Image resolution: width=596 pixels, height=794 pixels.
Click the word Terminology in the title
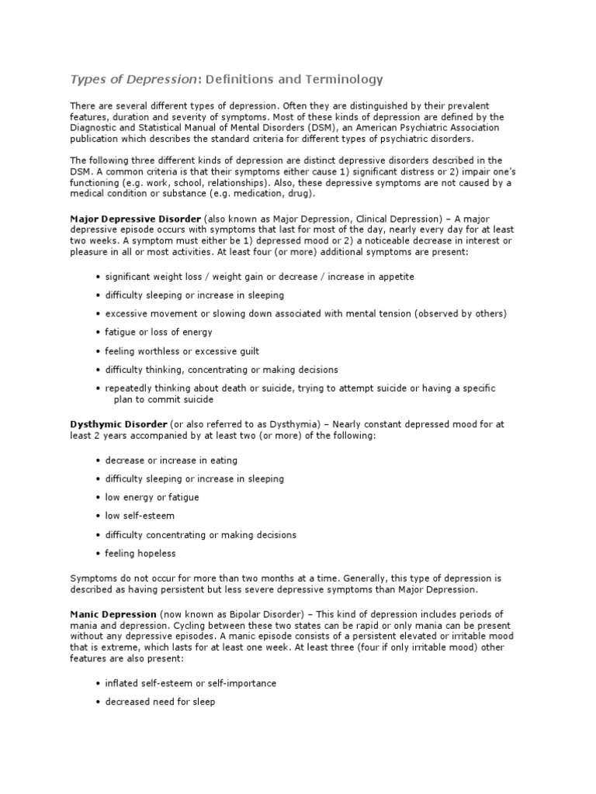pos(342,80)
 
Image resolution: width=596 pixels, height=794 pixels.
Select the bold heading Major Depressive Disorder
pos(136,219)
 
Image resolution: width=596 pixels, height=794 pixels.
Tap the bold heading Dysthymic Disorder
pos(119,425)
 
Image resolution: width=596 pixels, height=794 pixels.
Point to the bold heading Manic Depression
pos(114,614)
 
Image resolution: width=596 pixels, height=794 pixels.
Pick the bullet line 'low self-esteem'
pos(140,516)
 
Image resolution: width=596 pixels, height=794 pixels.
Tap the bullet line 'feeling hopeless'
pos(140,554)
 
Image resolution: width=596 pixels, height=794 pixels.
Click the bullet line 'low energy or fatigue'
pos(152,498)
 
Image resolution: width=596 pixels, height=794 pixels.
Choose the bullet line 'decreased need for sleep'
pos(160,703)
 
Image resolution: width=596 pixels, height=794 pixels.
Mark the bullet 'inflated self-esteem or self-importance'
pos(191,684)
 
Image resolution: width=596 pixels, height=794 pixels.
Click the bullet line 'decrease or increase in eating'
pos(172,461)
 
